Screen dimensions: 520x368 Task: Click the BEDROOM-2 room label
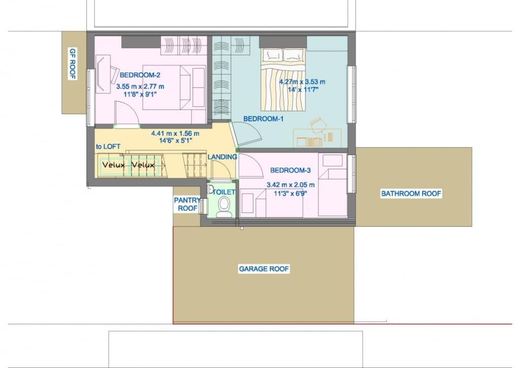(140, 75)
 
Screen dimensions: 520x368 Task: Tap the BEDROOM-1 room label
(264, 118)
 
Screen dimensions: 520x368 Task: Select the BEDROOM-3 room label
(290, 170)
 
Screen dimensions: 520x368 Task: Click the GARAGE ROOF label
(264, 269)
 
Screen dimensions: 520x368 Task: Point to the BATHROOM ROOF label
(411, 194)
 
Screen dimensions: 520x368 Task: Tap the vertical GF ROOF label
(73, 64)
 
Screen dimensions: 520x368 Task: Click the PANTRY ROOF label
(188, 204)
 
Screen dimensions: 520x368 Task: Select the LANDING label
(222, 157)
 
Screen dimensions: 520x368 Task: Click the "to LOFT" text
(108, 146)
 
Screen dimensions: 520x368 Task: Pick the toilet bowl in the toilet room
(224, 207)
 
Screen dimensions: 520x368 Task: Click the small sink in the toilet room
(210, 190)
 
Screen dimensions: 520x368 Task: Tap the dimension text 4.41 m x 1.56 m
(175, 133)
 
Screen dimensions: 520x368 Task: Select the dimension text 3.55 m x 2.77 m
(140, 86)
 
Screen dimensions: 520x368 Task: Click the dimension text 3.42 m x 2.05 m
(291, 185)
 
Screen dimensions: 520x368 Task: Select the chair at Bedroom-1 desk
(319, 125)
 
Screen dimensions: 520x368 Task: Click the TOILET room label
(224, 192)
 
